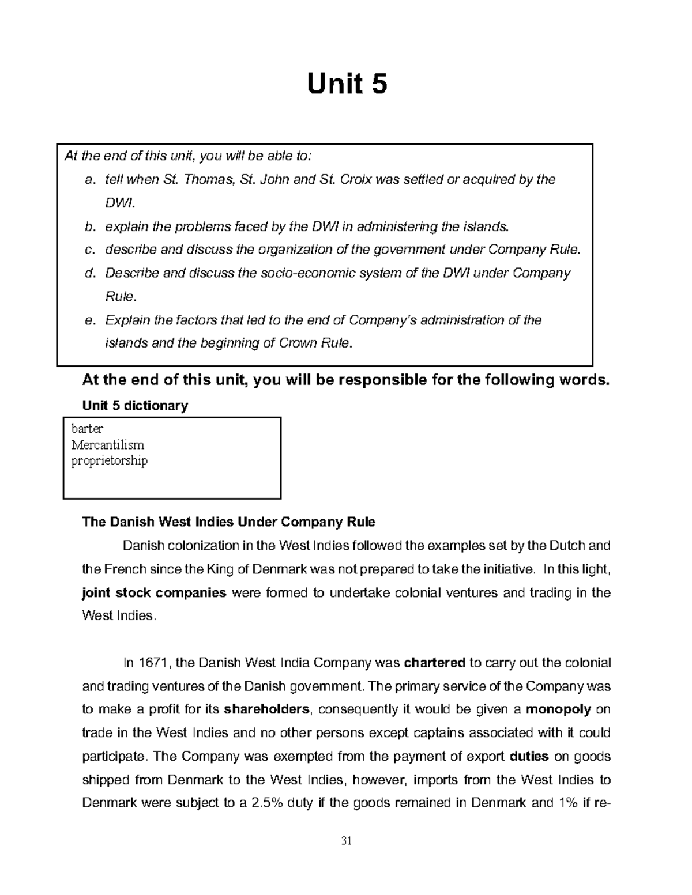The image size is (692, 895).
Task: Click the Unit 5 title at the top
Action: point(347,85)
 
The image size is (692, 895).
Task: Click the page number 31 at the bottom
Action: point(346,840)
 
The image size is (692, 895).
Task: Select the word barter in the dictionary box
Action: point(87,429)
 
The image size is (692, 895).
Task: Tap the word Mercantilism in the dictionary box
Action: point(107,445)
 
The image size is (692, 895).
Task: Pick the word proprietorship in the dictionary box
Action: point(109,460)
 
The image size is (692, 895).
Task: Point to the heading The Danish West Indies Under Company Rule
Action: point(229,522)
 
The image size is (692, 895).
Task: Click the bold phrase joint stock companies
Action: point(155,592)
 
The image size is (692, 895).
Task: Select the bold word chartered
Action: point(435,663)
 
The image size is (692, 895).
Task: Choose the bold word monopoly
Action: point(558,709)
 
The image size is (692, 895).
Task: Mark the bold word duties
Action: point(529,756)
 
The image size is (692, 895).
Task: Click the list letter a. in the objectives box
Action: point(89,180)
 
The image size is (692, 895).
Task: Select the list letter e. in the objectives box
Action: point(89,320)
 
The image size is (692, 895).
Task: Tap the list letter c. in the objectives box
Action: point(89,250)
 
